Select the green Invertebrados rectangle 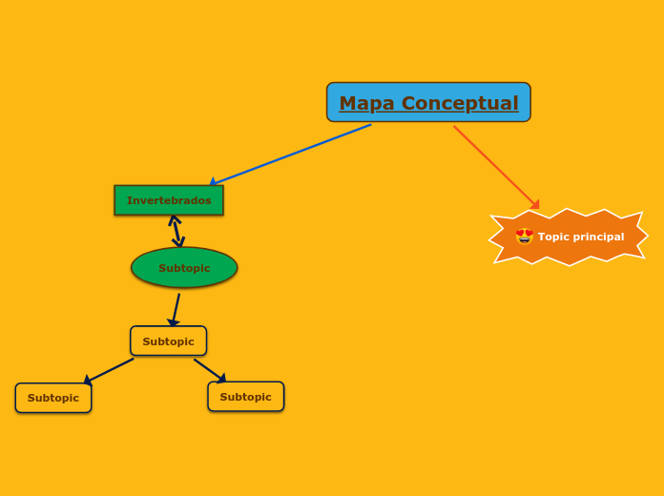pos(169,200)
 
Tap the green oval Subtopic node pos(184,268)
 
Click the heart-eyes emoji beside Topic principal pos(525,237)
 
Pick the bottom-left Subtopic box pos(53,398)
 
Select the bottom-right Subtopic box pos(245,397)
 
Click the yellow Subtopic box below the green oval pos(168,341)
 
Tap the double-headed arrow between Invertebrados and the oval pos(176,231)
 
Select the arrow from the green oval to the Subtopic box pos(176,308)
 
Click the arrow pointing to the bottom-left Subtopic pos(110,371)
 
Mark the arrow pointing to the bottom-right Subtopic pos(209,369)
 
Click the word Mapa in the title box pos(366,103)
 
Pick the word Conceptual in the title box pos(460,103)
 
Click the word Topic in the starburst pos(552,237)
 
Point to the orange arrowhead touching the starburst pos(535,204)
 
